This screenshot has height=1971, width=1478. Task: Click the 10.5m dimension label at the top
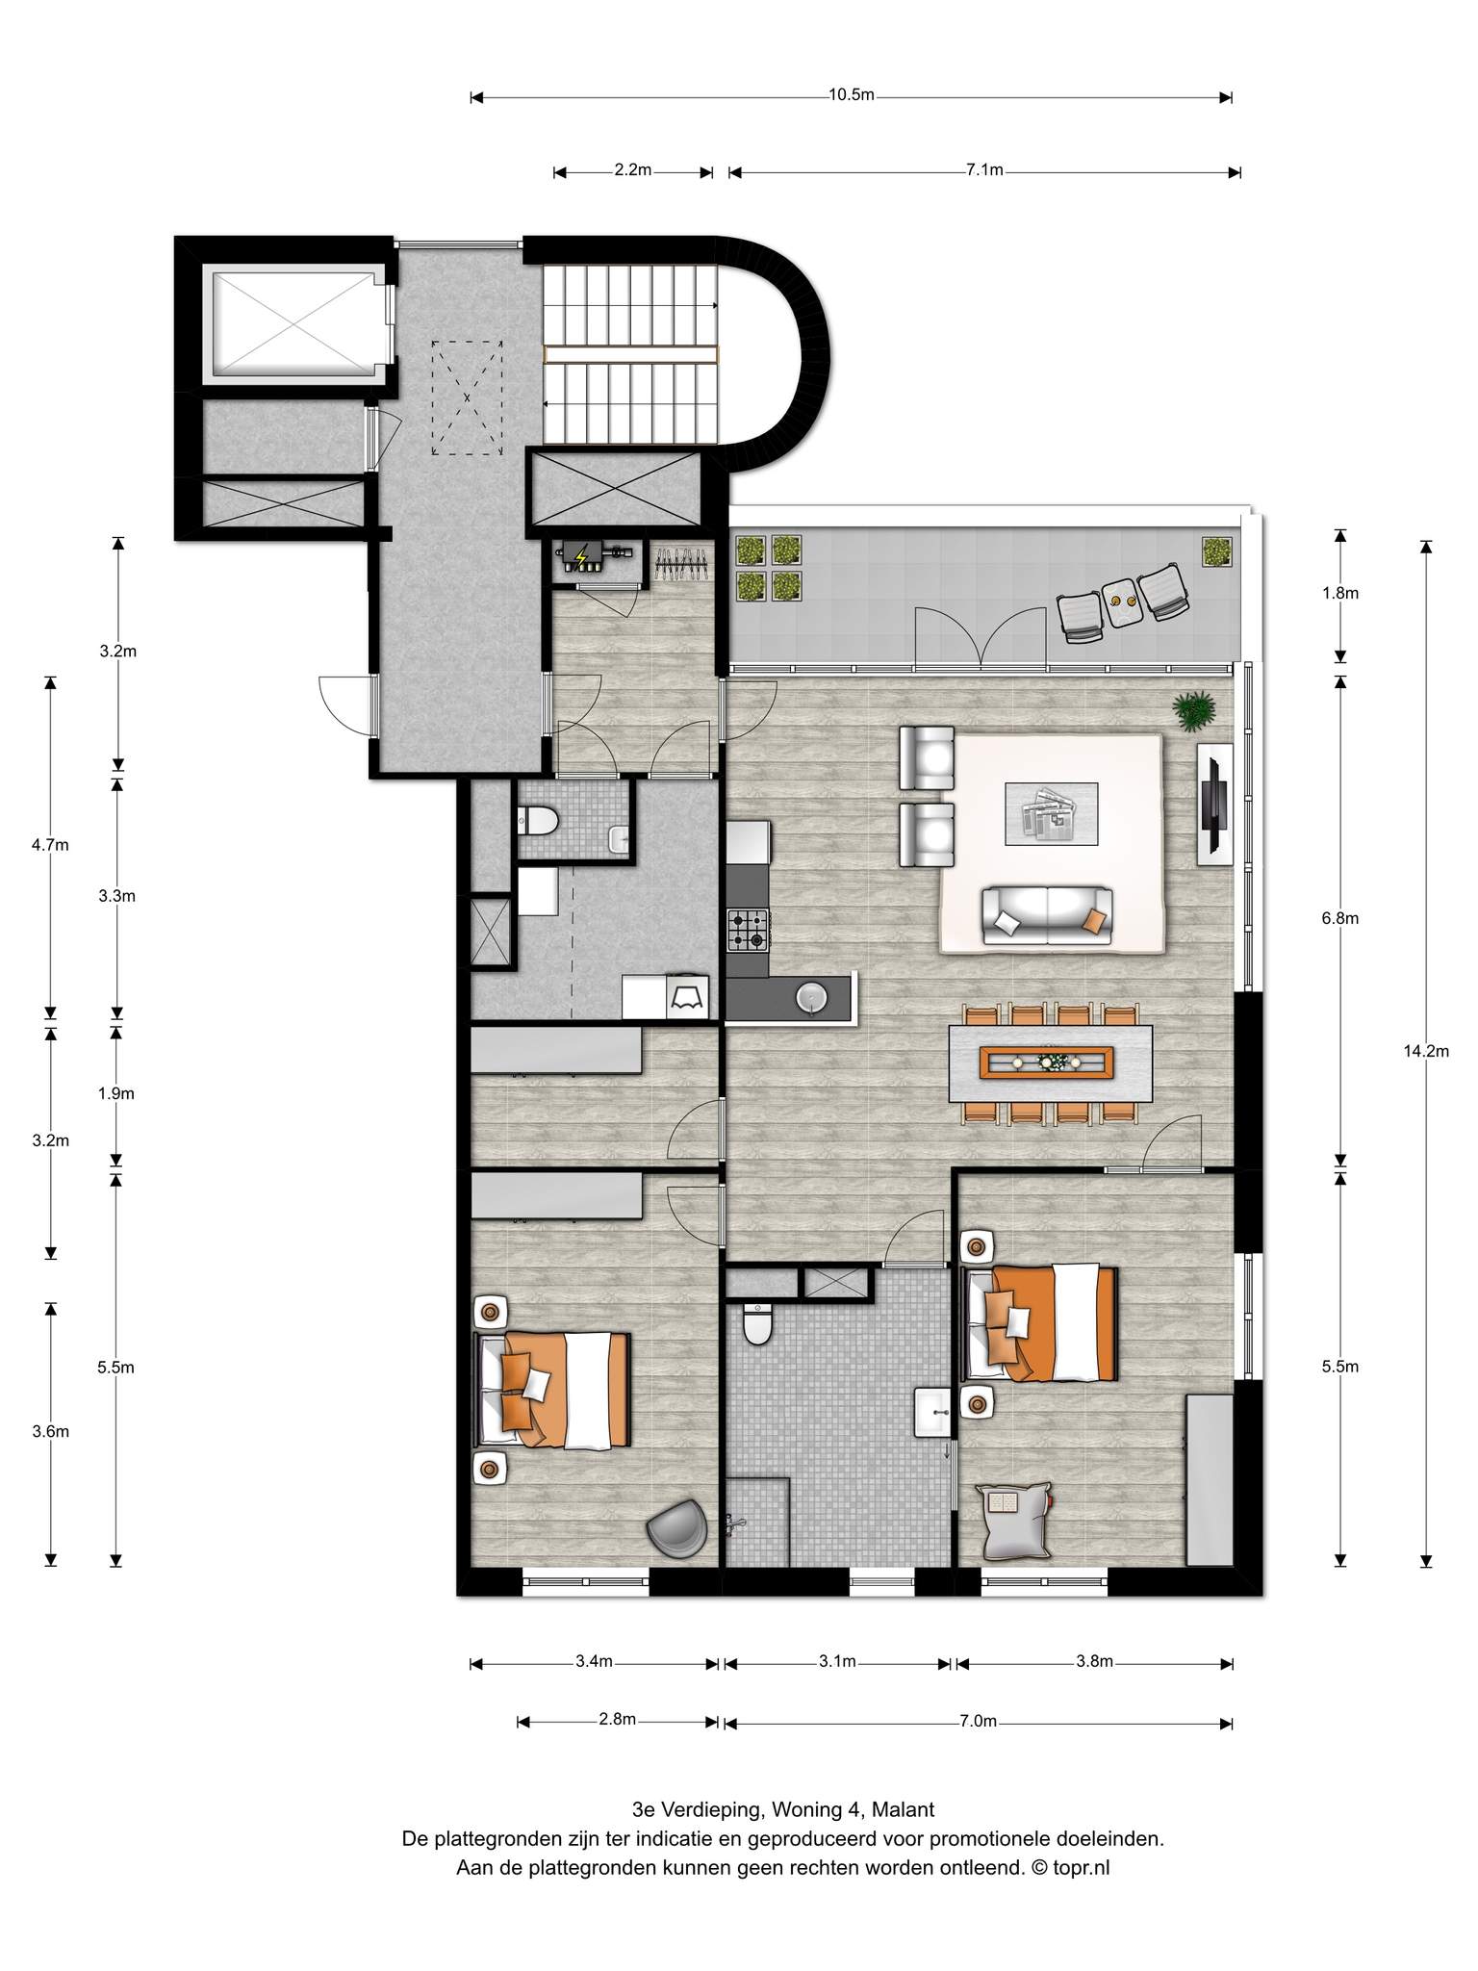coord(852,95)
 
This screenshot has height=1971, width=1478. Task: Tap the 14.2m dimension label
coord(1426,1051)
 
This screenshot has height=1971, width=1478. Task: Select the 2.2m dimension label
coord(633,170)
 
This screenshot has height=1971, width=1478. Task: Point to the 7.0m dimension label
coord(978,1721)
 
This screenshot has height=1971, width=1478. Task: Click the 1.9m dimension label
coord(116,1093)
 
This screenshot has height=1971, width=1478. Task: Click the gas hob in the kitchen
coord(749,930)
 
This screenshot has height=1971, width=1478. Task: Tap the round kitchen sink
coord(811,998)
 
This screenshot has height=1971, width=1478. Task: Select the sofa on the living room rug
coord(1047,915)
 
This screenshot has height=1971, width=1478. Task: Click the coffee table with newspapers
coord(1051,813)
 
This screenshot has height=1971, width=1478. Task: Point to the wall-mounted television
coord(1214,805)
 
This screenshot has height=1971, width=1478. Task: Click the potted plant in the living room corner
coord(1194,712)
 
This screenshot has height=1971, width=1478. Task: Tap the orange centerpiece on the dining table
coord(1046,1062)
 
